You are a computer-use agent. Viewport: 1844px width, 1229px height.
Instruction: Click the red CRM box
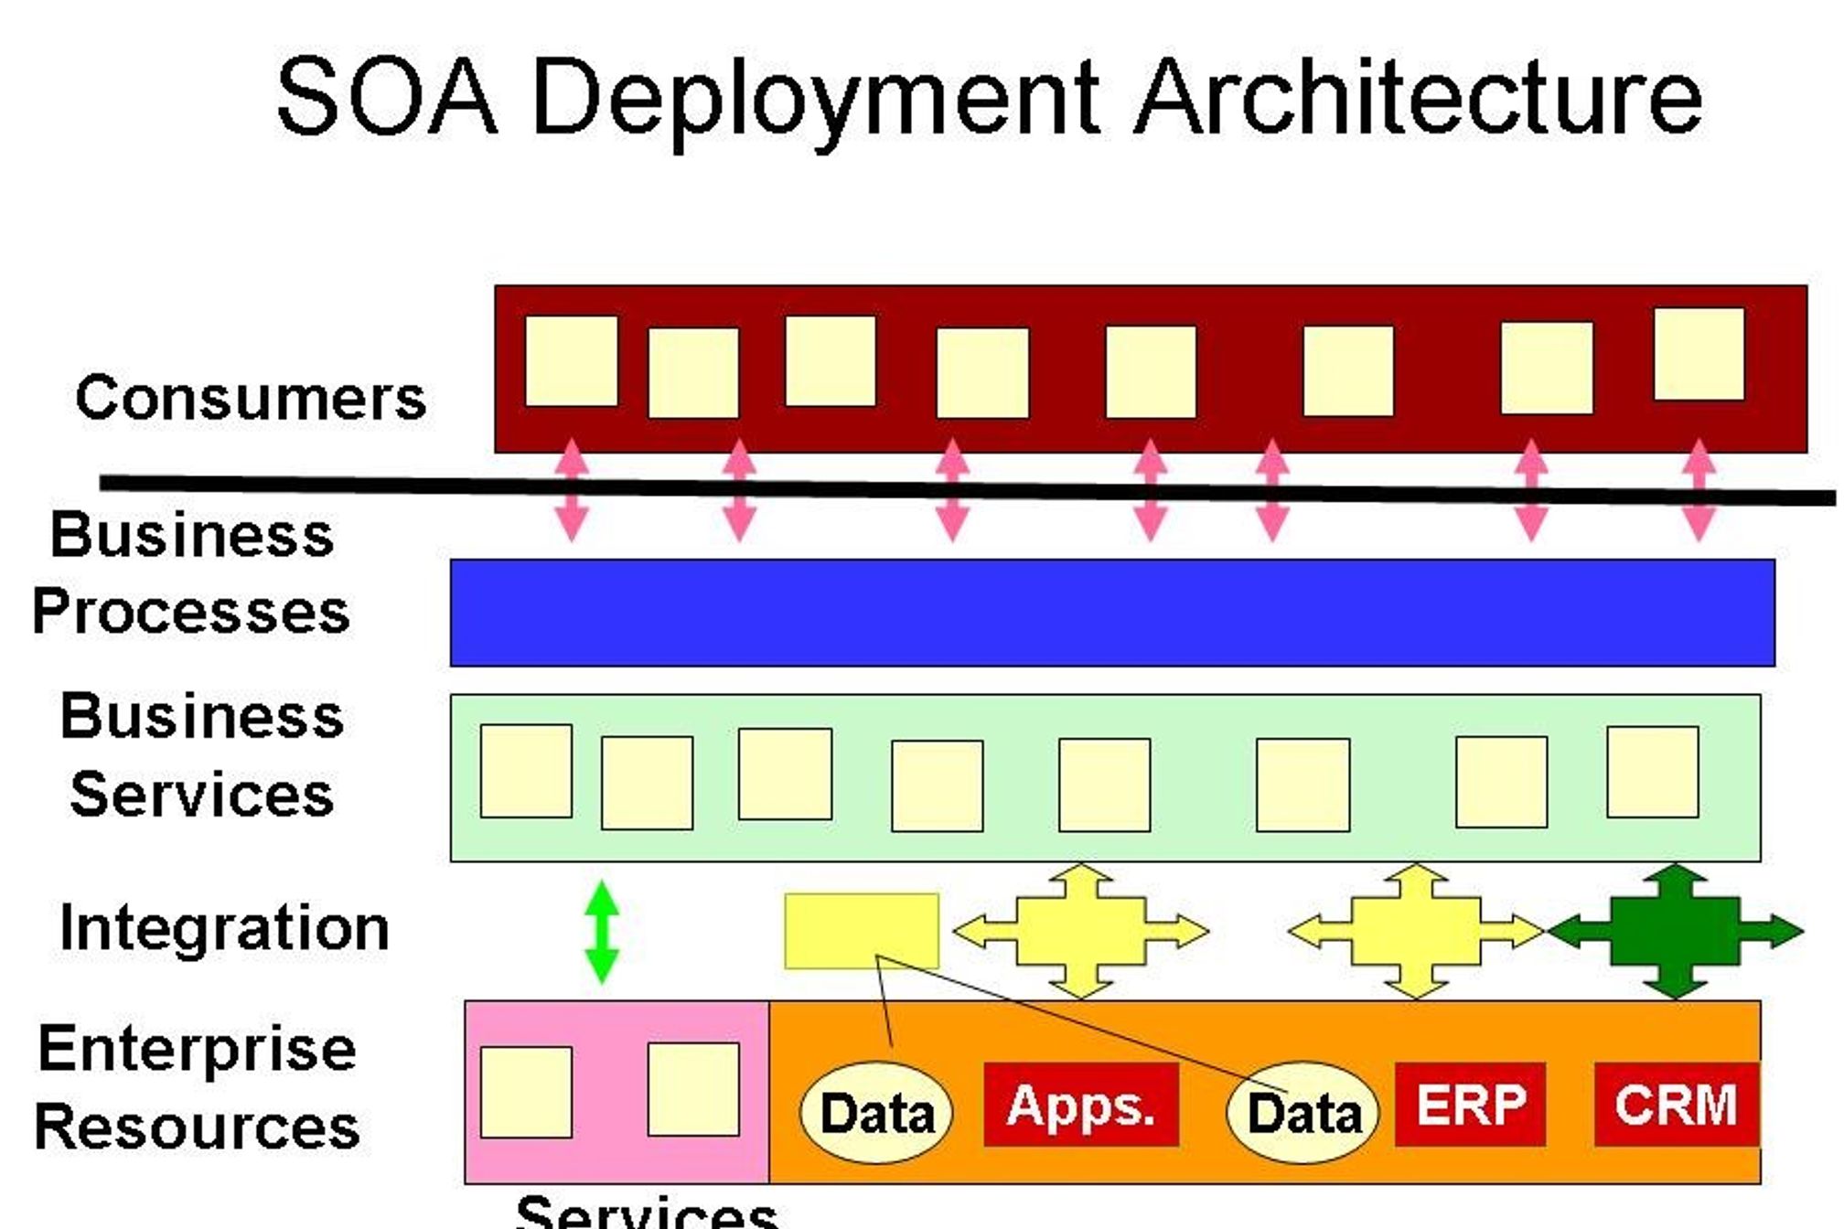click(x=1676, y=1104)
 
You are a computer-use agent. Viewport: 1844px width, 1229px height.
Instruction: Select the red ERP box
click(x=1470, y=1104)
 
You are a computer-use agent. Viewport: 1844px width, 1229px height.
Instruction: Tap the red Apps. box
click(x=1080, y=1104)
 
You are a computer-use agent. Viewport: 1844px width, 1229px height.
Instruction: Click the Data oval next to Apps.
click(x=875, y=1113)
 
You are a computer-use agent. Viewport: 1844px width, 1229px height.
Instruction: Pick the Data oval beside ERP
click(x=1303, y=1113)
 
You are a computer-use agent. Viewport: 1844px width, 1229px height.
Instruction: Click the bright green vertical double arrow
click(x=601, y=932)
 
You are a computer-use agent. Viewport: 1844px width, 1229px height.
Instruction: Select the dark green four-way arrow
click(x=1674, y=932)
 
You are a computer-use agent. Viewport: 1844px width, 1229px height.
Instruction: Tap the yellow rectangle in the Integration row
click(x=861, y=931)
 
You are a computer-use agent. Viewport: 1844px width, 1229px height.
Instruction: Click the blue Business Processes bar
click(x=1111, y=613)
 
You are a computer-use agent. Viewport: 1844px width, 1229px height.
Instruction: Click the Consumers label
click(x=251, y=398)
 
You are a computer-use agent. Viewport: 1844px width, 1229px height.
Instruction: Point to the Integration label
click(x=224, y=928)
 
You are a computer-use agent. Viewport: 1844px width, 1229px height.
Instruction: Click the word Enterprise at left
click(x=197, y=1049)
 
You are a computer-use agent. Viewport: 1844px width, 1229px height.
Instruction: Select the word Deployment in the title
click(x=814, y=99)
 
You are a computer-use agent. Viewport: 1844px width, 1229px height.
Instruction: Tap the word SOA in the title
click(x=386, y=96)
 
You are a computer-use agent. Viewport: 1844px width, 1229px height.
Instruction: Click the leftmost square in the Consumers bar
click(x=571, y=361)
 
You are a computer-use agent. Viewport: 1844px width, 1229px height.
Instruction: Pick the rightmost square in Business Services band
click(x=1652, y=772)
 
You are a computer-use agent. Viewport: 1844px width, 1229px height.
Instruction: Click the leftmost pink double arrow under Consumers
click(x=571, y=490)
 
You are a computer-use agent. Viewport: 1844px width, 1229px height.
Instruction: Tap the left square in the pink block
click(x=526, y=1092)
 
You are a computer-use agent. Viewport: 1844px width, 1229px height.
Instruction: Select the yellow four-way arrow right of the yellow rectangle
click(x=1080, y=932)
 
